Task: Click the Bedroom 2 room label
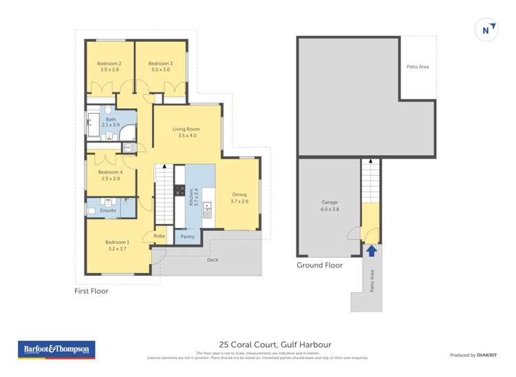click(x=109, y=67)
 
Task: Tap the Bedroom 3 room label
click(x=160, y=67)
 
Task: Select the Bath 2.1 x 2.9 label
click(x=111, y=122)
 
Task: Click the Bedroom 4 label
click(x=110, y=175)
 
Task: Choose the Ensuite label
click(x=108, y=210)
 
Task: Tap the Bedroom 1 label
click(x=117, y=245)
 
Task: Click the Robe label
click(x=159, y=236)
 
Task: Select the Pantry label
click(x=188, y=236)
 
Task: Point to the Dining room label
click(x=239, y=198)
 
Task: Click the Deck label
click(x=213, y=260)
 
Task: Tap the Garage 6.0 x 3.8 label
click(x=330, y=205)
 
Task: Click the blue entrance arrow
click(x=371, y=251)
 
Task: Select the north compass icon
click(x=486, y=30)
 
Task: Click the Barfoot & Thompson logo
click(x=56, y=350)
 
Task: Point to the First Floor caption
click(x=92, y=292)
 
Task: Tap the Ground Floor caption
click(x=319, y=265)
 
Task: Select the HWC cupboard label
click(x=128, y=147)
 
